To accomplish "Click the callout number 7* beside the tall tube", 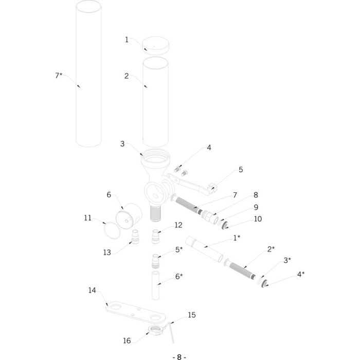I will tap(59, 76).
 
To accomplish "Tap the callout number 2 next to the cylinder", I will tap(127, 76).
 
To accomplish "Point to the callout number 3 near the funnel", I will tap(122, 144).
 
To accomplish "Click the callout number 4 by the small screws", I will tap(209, 148).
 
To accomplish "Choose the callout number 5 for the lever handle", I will tap(240, 169).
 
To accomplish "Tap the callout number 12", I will tap(178, 225).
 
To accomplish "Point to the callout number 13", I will tap(107, 252).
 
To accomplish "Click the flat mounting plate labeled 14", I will tap(134, 313).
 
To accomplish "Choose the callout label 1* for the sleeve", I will tap(237, 238).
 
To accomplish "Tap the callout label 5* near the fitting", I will tap(178, 249).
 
